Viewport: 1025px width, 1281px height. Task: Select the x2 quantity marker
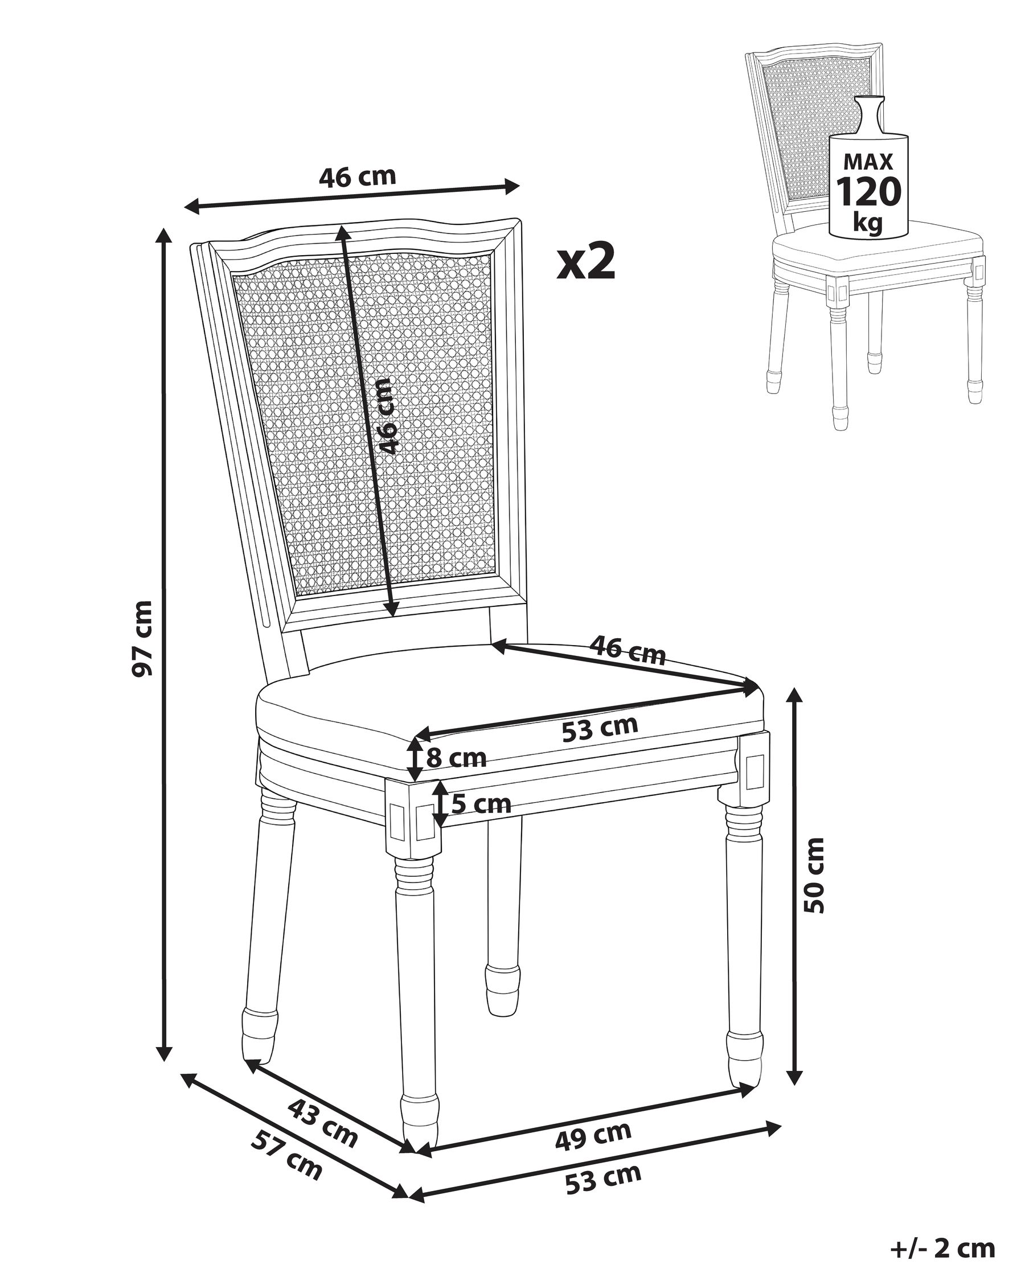coord(586,261)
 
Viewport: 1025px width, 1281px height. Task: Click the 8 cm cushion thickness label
coord(456,758)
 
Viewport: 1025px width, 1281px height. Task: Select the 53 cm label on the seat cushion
coord(600,727)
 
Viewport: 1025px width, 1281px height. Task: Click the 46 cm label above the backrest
coord(357,176)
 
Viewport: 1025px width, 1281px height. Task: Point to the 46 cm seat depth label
coord(628,650)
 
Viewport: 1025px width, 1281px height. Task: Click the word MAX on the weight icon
coord(868,162)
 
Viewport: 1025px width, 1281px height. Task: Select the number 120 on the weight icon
coord(869,191)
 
